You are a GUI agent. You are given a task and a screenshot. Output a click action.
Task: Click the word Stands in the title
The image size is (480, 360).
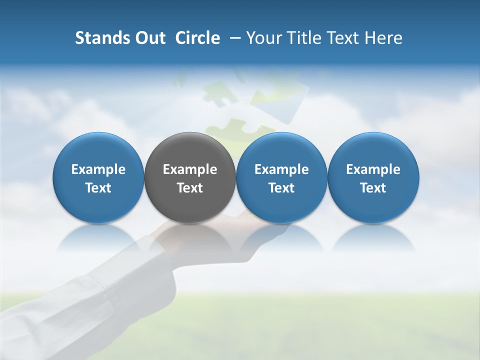[x=99, y=38]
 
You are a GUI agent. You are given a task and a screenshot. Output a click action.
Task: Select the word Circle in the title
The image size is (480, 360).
[x=197, y=38]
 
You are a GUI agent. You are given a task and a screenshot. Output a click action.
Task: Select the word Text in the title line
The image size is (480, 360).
[x=342, y=38]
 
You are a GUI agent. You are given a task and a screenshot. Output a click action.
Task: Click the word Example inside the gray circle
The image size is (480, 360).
[x=189, y=170]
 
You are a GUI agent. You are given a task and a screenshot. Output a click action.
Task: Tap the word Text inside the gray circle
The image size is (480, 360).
[x=189, y=188]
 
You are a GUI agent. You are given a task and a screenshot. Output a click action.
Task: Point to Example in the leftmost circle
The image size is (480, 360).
[x=98, y=170]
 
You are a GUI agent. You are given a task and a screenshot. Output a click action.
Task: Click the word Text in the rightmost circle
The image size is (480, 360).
[x=373, y=188]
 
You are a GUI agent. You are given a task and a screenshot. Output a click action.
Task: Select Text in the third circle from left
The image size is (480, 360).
[x=281, y=188]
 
